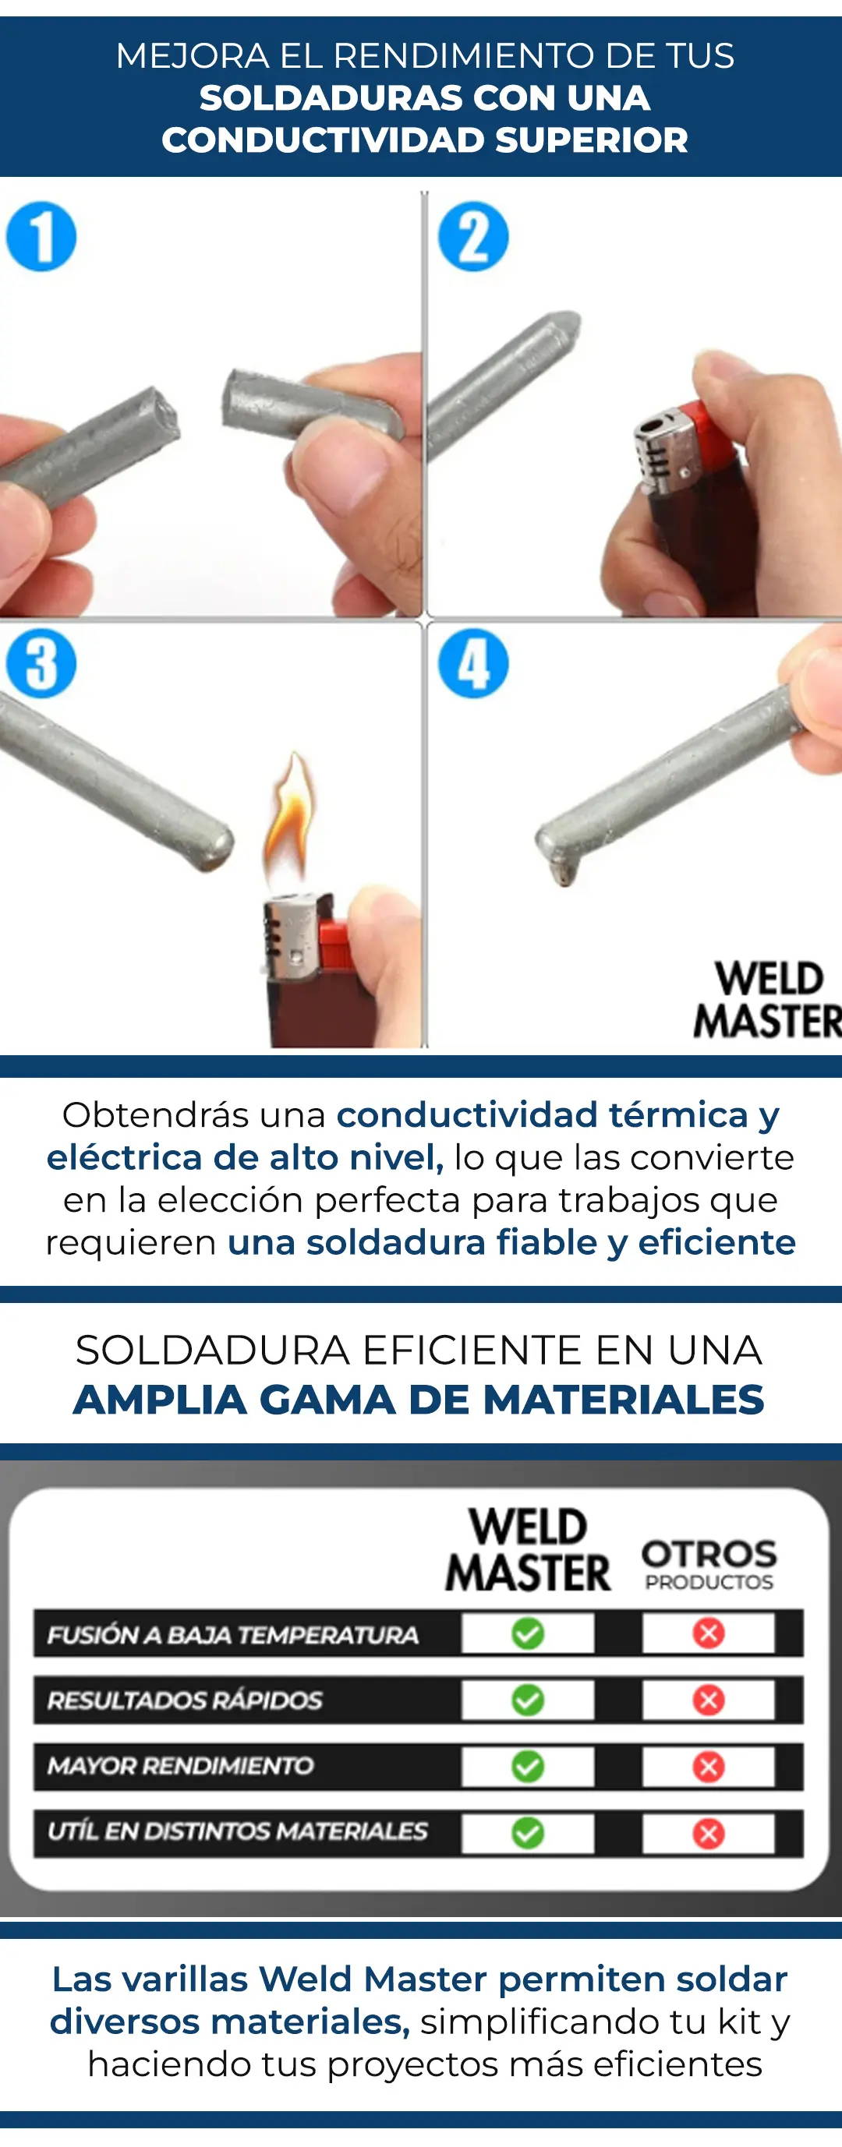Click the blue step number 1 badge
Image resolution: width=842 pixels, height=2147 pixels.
[x=41, y=237]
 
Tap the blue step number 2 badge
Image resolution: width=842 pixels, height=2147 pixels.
[x=473, y=237]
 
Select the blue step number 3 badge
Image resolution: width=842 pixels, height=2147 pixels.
[x=41, y=663]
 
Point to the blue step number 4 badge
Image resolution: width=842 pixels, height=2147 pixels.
[x=473, y=663]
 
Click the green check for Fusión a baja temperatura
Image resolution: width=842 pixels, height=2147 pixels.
[x=528, y=1633]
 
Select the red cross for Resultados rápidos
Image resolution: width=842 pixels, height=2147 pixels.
[x=709, y=1700]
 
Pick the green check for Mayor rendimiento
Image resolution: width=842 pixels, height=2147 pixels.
[x=528, y=1766]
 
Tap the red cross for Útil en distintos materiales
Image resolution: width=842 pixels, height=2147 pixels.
[x=709, y=1833]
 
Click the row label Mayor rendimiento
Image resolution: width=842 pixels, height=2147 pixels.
[x=180, y=1765]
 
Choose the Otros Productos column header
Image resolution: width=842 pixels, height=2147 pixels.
[x=709, y=1565]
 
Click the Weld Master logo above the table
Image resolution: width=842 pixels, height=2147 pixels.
[x=528, y=1550]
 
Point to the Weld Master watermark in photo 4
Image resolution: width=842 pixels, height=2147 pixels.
[x=768, y=1000]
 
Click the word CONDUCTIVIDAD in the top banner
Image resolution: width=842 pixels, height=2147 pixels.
[x=323, y=139]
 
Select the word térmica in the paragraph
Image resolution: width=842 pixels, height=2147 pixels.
[x=677, y=1114]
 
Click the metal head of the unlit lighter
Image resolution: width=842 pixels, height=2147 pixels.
[x=664, y=450]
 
